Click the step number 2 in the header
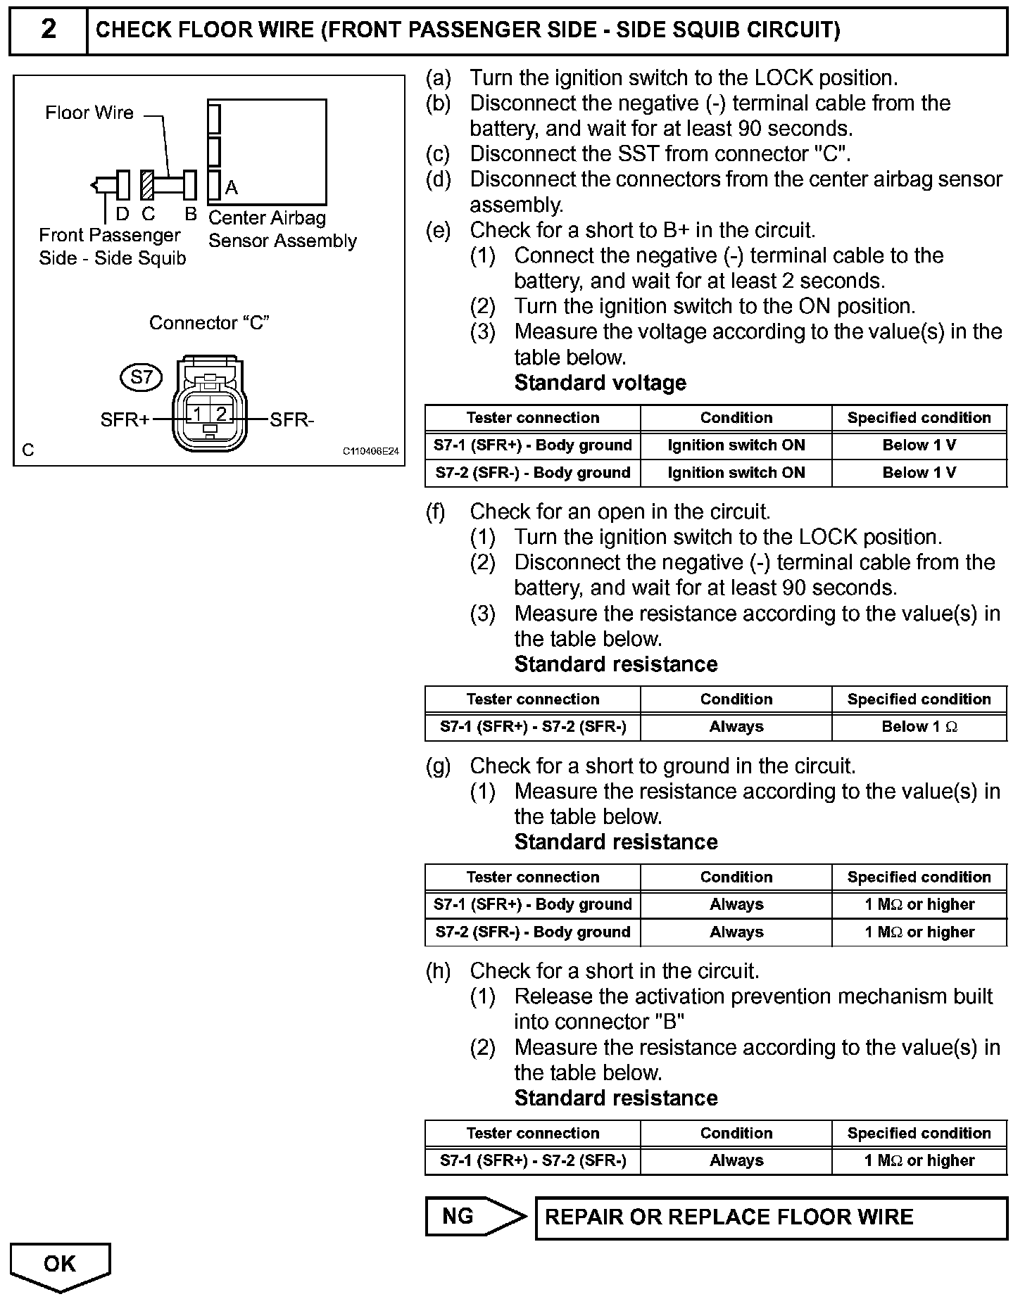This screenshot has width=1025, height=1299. coord(48,30)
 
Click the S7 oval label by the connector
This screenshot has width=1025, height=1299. coord(142,377)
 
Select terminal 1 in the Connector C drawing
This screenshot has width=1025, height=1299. coord(199,414)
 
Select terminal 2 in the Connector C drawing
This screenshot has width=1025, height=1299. coord(221,414)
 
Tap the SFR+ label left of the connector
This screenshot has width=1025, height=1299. coord(125,420)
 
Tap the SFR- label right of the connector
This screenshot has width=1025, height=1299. coord(291,420)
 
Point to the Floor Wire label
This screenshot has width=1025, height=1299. coord(89,113)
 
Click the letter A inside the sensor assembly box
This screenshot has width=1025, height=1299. coord(232,188)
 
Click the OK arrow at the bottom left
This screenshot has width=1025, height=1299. coord(60,1265)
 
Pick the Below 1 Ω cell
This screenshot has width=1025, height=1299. coord(919,727)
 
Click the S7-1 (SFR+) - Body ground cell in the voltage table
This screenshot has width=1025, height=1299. coord(533,445)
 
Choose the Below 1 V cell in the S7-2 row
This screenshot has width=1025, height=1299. coord(919,473)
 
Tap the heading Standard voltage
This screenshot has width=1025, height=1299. coord(600,383)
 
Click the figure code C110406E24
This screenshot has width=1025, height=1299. coord(370,451)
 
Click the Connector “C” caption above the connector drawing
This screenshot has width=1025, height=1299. coord(209,323)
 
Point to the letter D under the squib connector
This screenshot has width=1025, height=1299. coord(122,213)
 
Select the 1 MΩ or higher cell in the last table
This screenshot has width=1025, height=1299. coord(919,1160)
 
